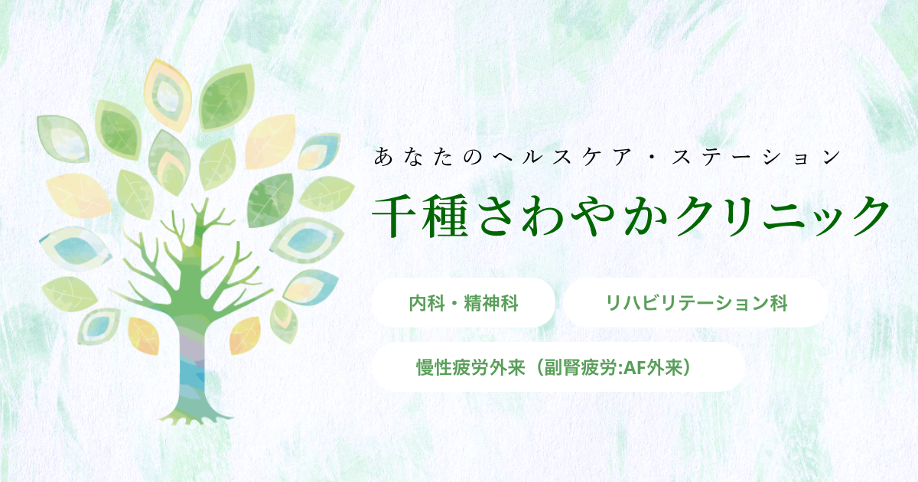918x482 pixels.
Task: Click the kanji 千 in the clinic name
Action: (395, 216)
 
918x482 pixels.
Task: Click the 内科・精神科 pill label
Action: (464, 304)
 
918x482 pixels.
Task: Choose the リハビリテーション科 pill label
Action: (696, 304)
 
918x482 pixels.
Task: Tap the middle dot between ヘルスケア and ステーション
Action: (651, 158)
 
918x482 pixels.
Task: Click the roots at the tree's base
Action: (193, 417)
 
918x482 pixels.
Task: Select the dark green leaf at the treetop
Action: (226, 99)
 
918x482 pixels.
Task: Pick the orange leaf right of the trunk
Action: (245, 335)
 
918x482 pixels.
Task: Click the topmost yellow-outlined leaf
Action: (168, 94)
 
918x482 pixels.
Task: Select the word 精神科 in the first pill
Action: (491, 304)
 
